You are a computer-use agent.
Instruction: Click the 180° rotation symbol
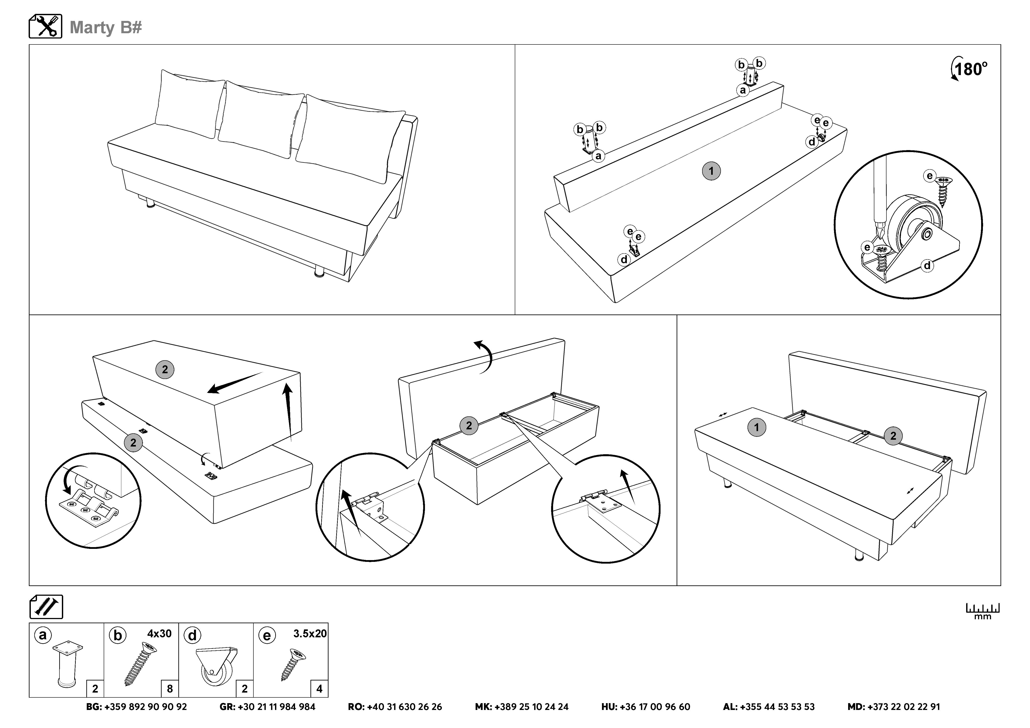pos(969,70)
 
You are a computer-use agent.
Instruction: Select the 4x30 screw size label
pos(159,633)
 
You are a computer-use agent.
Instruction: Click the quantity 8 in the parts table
pos(170,688)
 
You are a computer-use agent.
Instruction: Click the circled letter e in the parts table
pos(267,636)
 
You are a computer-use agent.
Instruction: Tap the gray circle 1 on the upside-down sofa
pos(711,171)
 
